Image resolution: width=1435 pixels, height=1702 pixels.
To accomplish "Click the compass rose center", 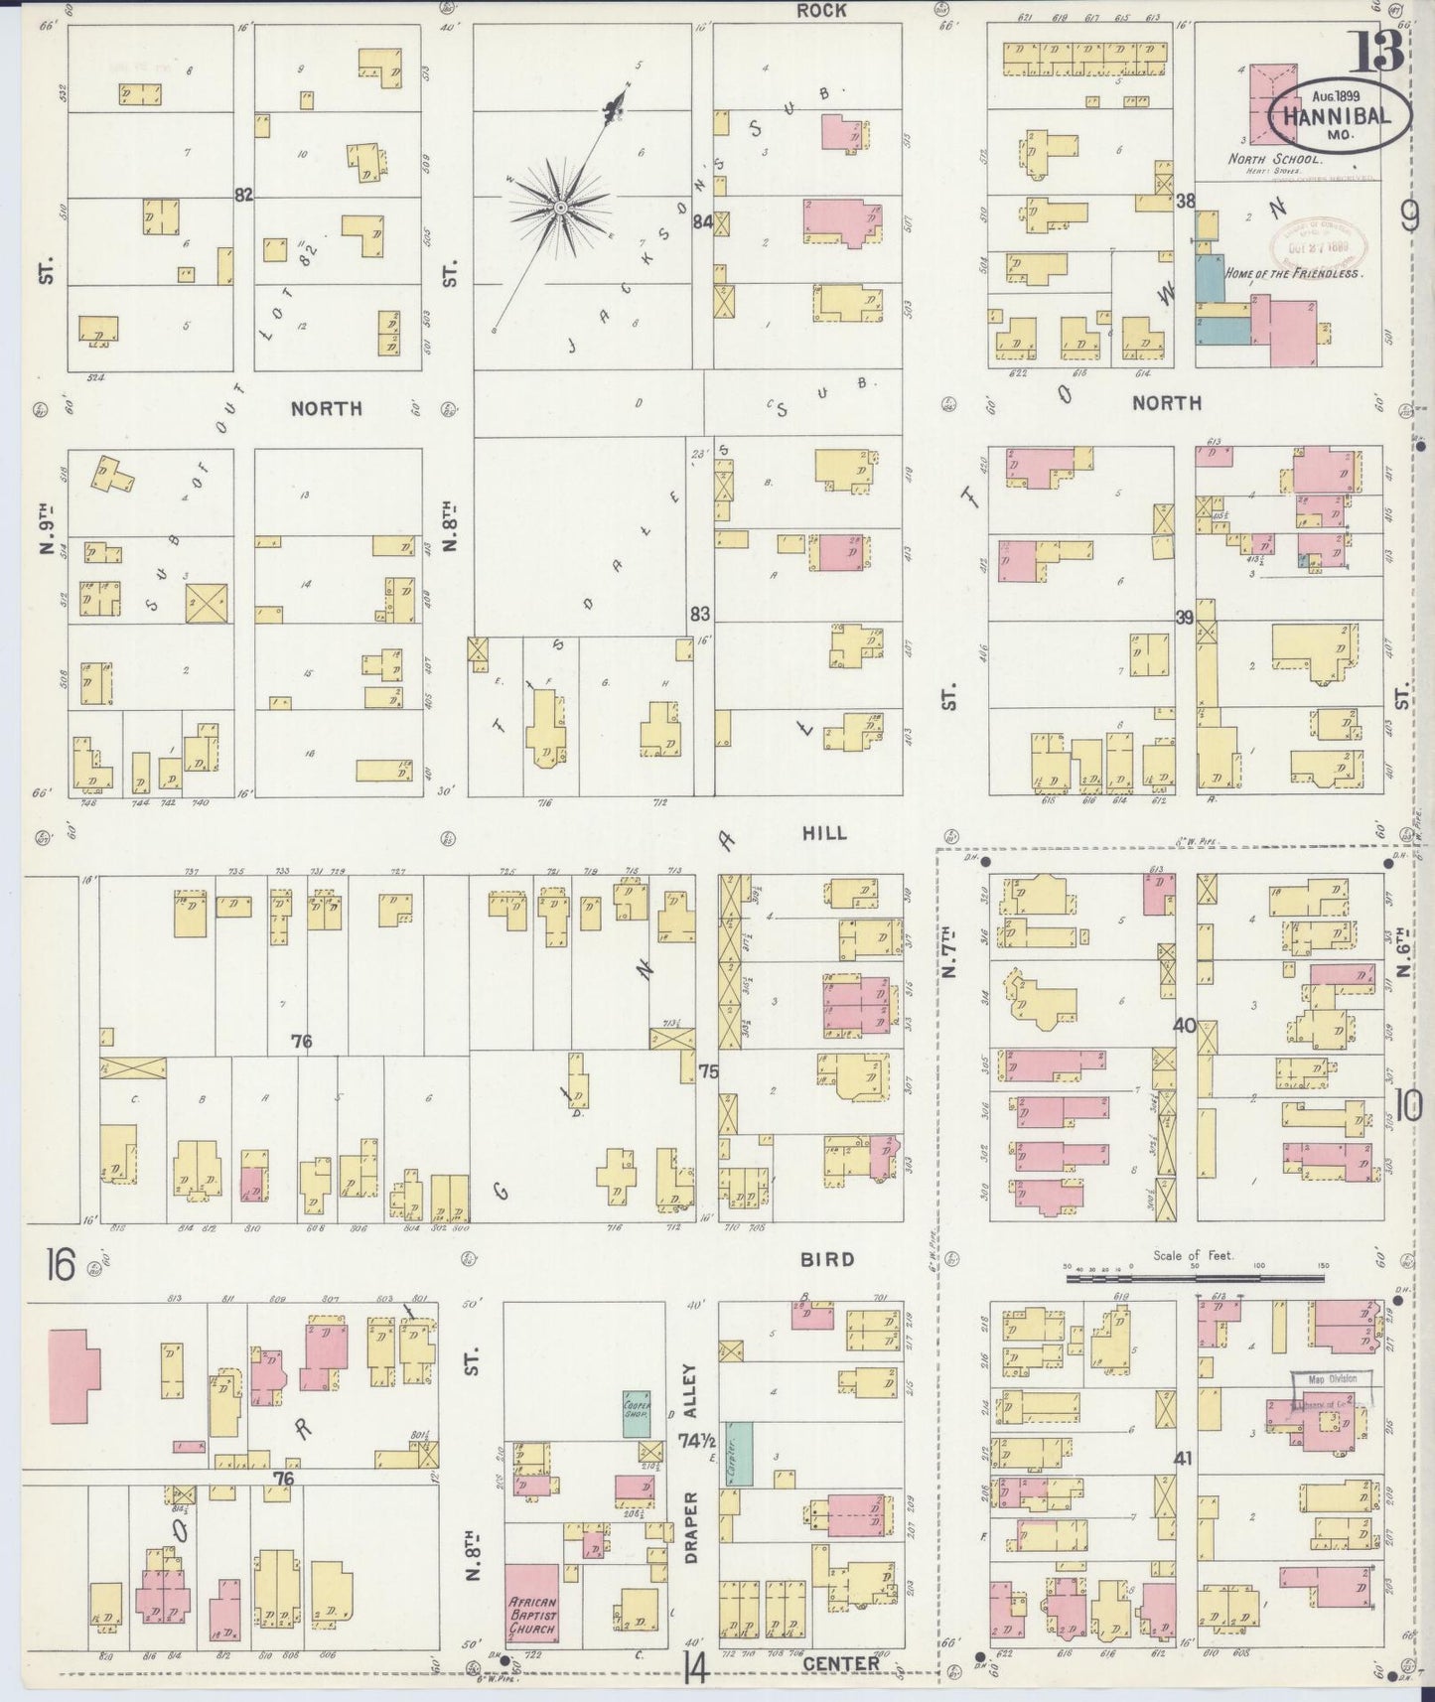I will tap(559, 207).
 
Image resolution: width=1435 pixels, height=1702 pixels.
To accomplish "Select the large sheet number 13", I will tap(1375, 48).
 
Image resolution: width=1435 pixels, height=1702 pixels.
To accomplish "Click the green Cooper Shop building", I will tap(637, 1413).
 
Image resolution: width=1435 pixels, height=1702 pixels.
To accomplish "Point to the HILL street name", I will tap(824, 833).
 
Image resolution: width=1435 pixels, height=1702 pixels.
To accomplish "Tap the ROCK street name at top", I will tap(820, 11).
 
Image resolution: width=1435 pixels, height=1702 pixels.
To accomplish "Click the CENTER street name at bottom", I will tap(840, 1662).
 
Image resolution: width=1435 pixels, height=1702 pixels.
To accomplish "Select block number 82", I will tap(244, 196).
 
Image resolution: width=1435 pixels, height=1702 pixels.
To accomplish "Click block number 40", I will tap(1184, 1026).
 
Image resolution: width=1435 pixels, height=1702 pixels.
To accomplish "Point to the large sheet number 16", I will tap(60, 1266).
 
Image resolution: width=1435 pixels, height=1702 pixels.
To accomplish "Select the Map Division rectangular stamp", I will tap(1331, 1387).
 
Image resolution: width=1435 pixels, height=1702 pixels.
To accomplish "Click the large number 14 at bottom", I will tap(694, 1672).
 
